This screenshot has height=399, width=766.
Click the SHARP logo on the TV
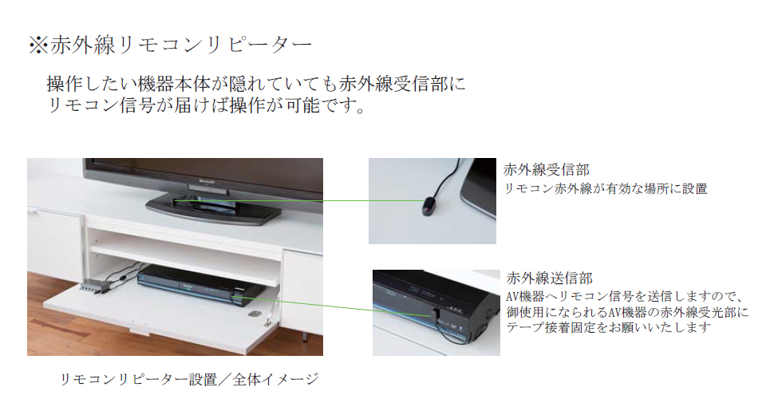[207, 181]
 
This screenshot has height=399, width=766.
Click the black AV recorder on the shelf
[201, 285]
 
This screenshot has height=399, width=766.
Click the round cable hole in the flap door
[253, 314]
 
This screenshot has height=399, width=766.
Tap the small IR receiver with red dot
[428, 207]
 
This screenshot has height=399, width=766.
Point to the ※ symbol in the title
[38, 45]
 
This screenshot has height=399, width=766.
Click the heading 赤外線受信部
[546, 170]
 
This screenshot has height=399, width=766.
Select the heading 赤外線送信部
[550, 279]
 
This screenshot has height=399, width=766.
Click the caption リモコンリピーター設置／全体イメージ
[189, 379]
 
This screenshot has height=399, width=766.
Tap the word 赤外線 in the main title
[82, 45]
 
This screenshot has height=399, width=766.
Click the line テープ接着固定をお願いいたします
[608, 327]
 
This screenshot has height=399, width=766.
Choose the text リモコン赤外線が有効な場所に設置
[606, 188]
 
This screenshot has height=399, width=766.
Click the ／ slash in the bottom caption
[225, 379]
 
